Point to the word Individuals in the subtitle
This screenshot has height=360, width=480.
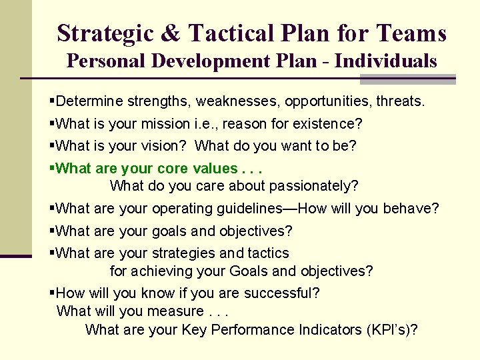pyautogui.click(x=386, y=61)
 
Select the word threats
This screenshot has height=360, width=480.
pyautogui.click(x=401, y=102)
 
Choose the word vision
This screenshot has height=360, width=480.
pyautogui.click(x=169, y=146)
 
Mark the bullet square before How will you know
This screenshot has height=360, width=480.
pyautogui.click(x=53, y=293)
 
